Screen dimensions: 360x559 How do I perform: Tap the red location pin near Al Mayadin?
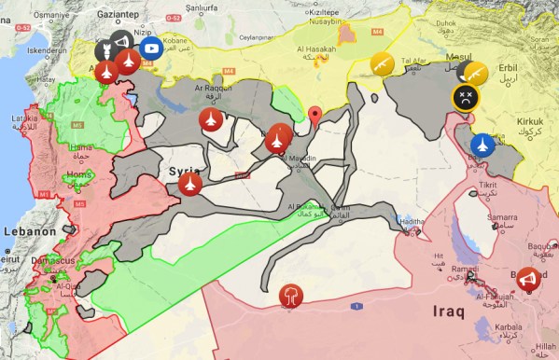tap(315, 116)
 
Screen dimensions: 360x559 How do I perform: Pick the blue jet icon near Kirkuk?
tap(482, 145)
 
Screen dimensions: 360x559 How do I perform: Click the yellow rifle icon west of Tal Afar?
tap(379, 63)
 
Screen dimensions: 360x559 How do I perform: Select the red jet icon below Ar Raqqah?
tap(210, 119)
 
